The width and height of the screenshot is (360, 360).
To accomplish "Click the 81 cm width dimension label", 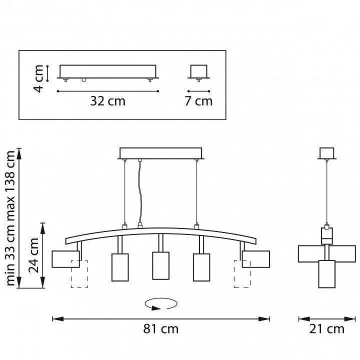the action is coord(160,329).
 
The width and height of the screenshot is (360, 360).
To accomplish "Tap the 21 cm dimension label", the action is coord(326,329).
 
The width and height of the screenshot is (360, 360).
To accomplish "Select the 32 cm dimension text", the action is coord(107,101).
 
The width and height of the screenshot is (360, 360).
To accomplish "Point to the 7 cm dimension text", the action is coord(198,101).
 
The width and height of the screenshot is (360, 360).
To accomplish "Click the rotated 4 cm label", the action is coord(38,78).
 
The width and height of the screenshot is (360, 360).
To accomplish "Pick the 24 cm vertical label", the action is coord(33,255).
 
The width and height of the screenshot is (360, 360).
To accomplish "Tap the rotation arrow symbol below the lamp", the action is coord(161,304).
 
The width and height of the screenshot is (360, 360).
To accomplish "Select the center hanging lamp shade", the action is coord(160,265).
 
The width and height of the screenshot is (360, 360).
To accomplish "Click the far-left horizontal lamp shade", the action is coord(65,259).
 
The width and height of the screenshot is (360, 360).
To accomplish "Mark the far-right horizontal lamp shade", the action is coord(256,259).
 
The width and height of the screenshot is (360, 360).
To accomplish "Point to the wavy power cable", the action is coord(140,193).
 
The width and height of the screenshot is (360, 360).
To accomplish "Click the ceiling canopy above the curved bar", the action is coord(160,153).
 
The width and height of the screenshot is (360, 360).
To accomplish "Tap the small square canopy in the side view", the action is coord(326,153).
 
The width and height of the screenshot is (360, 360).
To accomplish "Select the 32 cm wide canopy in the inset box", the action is coord(108,71).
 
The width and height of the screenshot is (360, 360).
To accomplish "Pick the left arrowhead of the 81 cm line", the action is coord(58,319).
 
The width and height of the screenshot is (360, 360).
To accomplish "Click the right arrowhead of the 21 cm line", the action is coord(350,319).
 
